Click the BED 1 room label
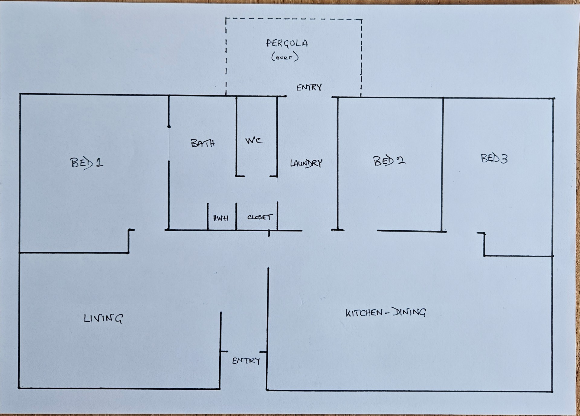(87, 163)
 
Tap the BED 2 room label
(389, 161)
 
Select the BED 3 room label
(494, 158)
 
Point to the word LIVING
(103, 318)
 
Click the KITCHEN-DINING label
(386, 312)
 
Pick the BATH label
(203, 143)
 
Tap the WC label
(254, 140)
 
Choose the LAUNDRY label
(306, 163)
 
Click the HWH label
(221, 218)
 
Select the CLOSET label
(260, 217)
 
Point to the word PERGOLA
(287, 43)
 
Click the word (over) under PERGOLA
(285, 57)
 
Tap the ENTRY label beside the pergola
(309, 88)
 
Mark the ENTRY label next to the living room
(246, 361)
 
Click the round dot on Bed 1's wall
(169, 127)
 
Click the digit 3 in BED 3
(504, 159)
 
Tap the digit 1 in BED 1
(99, 163)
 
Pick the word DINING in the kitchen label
(409, 312)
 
